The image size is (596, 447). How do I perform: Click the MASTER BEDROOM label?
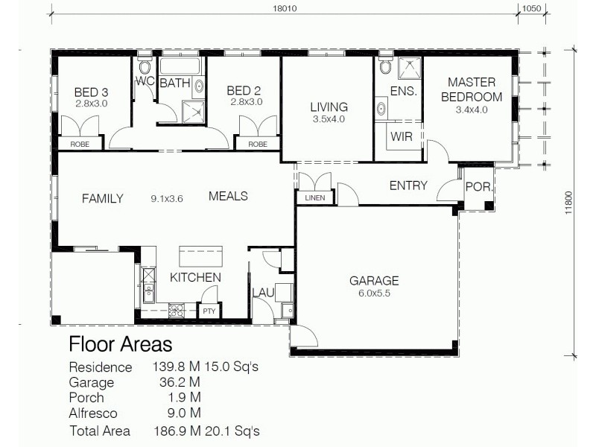[x=471, y=89]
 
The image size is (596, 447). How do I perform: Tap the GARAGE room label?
[x=374, y=281]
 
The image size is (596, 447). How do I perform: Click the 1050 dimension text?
[x=530, y=10]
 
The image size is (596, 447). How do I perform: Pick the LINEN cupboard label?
[x=311, y=198]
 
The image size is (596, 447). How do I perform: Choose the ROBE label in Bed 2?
[x=257, y=144]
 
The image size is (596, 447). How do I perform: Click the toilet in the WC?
[x=145, y=62]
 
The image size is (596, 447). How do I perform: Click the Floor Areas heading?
[x=120, y=345]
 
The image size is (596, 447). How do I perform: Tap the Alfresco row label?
[x=94, y=413]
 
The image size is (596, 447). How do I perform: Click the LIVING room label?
[x=329, y=107]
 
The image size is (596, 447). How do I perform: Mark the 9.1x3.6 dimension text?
[x=167, y=198]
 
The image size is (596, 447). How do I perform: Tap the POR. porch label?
[x=477, y=187]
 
